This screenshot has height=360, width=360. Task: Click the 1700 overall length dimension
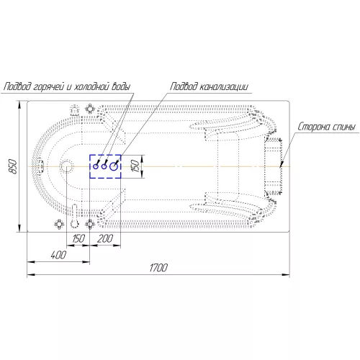(158, 267)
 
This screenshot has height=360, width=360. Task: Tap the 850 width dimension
(14, 166)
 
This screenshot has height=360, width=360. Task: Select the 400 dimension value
(58, 255)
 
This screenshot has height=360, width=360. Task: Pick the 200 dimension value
(105, 238)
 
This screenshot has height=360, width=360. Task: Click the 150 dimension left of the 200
(78, 238)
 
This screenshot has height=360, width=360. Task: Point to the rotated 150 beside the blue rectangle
(135, 166)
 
